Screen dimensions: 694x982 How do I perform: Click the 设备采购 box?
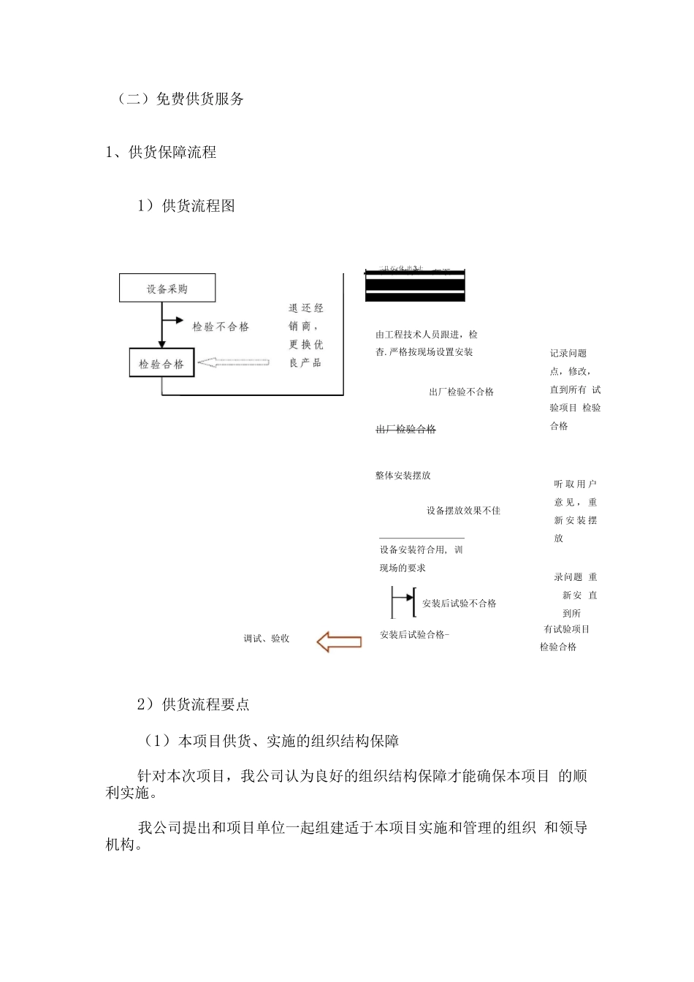167,289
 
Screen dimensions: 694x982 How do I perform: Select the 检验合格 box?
161,363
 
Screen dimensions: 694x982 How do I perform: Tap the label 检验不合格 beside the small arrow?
221,327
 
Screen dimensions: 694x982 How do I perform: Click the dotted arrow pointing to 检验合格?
234,362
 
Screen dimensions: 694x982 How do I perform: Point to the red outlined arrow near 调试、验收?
339,642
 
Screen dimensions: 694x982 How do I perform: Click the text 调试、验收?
267,639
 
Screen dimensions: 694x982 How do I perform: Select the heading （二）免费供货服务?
180,99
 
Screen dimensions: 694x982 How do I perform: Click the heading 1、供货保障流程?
161,153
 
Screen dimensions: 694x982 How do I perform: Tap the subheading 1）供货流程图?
186,206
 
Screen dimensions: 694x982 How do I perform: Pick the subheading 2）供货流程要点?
194,704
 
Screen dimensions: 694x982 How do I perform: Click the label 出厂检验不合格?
461,392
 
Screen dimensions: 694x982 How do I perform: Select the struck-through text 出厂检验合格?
405,430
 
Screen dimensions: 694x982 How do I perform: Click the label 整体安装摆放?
403,476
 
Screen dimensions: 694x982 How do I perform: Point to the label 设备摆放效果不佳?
463,511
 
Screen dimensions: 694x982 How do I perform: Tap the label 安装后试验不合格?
459,604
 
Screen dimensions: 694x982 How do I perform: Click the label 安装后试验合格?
413,635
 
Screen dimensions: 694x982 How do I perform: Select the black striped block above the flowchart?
415,286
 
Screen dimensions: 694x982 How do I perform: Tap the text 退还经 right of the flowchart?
305,308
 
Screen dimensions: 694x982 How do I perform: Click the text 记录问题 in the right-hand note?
568,354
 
